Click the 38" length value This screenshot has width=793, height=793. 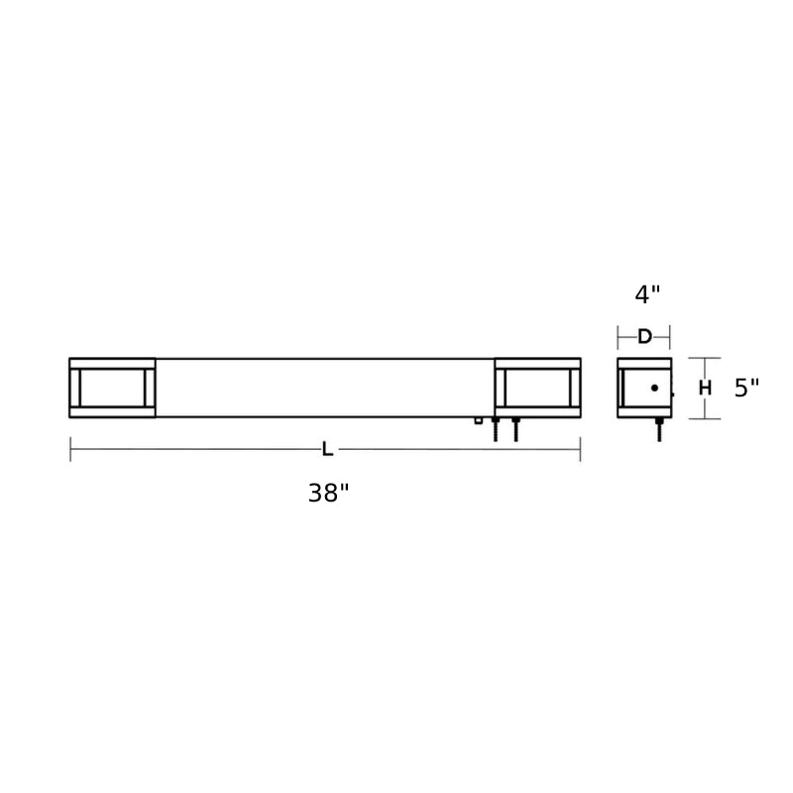(329, 493)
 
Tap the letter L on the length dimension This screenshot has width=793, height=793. (328, 449)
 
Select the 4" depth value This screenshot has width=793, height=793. (647, 294)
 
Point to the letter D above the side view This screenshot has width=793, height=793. (644, 336)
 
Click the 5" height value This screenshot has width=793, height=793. (746, 388)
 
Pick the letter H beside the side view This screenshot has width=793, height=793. (705, 388)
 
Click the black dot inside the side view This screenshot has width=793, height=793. (654, 388)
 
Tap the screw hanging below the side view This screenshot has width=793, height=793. (659, 429)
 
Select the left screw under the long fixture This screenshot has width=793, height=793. (496, 429)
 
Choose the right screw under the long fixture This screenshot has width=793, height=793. (515, 429)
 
